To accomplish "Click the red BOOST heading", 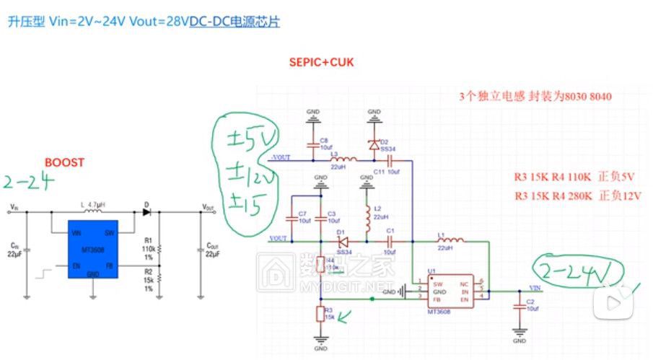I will tap(64, 162).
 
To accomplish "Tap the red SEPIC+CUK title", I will tap(321, 63).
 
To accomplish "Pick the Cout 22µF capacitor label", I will tap(212, 250).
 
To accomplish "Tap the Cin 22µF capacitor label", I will tap(14, 250).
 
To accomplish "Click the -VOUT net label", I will tap(280, 157).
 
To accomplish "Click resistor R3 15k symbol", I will tap(320, 315).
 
